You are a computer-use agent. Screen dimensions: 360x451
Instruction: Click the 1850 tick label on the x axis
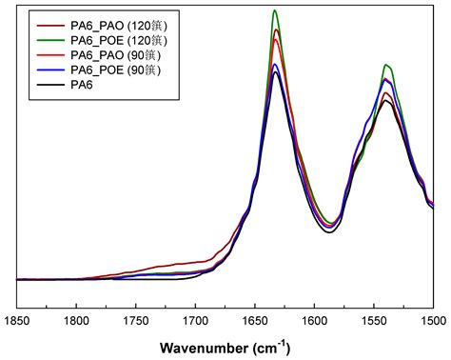18,322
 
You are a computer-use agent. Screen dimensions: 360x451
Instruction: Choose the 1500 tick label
431,322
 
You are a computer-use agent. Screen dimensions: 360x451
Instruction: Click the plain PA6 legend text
82,85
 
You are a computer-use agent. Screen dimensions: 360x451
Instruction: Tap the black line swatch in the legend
49,85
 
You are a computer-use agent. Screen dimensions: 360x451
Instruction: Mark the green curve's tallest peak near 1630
275,10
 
